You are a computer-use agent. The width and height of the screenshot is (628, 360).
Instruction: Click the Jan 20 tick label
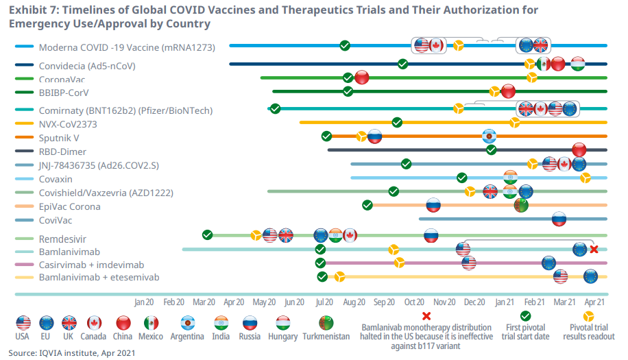[x=144, y=302]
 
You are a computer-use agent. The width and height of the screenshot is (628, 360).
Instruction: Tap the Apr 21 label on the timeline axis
[x=594, y=302]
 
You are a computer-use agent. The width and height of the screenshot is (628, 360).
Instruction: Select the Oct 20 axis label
[x=414, y=302]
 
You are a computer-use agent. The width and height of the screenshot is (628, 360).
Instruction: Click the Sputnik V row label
[x=59, y=138]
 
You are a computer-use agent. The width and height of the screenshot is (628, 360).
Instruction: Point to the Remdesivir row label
[x=62, y=237]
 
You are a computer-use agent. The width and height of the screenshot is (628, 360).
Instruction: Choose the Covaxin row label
[x=56, y=179]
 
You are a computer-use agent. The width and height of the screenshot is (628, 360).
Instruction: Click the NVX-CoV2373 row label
[x=68, y=124]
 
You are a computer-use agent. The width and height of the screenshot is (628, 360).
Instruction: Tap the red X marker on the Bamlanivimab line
[x=594, y=250]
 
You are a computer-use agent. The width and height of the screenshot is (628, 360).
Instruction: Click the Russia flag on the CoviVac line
[x=559, y=219]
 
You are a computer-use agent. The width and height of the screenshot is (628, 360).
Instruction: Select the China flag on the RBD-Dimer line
[x=579, y=149]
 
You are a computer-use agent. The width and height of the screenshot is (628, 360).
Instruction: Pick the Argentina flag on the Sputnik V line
[x=489, y=136]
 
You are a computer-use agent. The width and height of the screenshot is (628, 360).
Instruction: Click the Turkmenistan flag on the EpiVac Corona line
[x=521, y=204]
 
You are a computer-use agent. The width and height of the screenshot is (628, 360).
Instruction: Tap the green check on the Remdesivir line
[x=207, y=235]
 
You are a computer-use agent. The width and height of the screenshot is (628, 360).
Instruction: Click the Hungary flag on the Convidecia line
[x=577, y=64]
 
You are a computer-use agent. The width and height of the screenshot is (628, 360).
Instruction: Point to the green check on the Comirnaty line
[x=275, y=108]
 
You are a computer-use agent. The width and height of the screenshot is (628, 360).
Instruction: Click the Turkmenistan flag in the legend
[x=325, y=323]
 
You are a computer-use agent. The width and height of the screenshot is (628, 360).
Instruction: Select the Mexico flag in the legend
[x=151, y=323]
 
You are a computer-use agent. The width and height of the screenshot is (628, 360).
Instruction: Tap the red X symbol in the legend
[x=426, y=316]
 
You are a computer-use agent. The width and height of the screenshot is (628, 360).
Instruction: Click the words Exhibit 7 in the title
[x=32, y=10]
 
